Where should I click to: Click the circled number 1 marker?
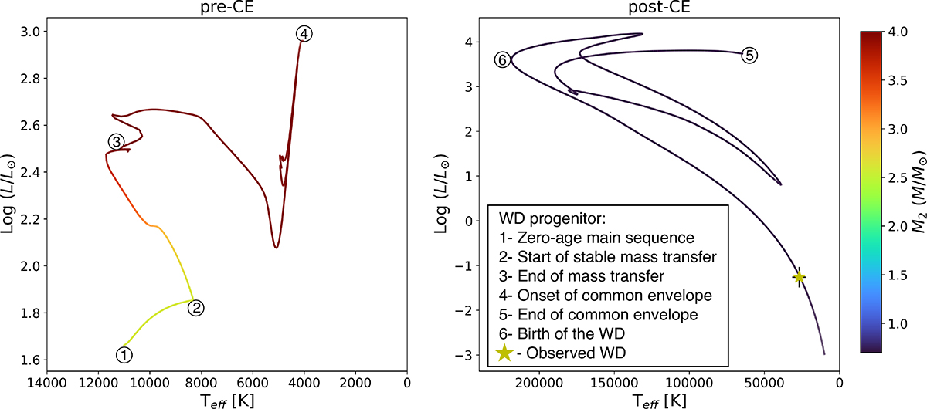tap(124, 354)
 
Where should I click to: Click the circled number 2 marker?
tap(196, 308)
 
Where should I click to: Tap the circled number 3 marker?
tap(115, 141)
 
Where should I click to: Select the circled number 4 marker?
tap(304, 34)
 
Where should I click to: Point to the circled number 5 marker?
tap(749, 55)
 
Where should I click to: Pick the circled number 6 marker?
tap(502, 60)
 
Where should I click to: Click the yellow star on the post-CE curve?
tap(799, 277)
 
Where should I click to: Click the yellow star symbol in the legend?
tap(504, 353)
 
